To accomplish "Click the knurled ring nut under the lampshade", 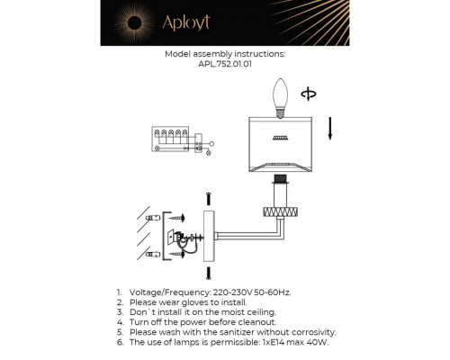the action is click(280, 212).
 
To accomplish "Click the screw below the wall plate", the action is click(207, 271).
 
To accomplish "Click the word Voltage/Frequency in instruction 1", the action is click(163, 292).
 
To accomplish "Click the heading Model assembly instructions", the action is click(224, 54).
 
